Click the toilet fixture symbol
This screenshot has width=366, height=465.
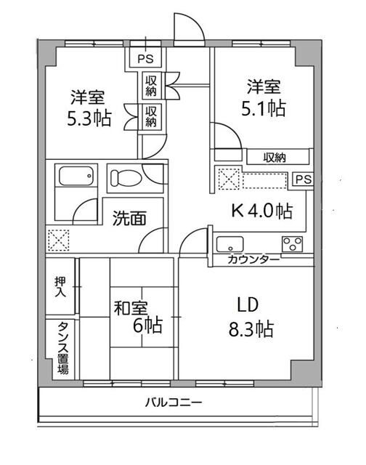coord(126,177)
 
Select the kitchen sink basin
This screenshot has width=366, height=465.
coord(229,244)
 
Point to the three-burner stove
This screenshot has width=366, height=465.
coord(292,244)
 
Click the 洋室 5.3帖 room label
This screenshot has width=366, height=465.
coord(89,108)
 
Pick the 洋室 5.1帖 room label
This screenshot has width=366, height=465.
coord(264,97)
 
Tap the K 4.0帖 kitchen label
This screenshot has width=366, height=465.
coord(262,211)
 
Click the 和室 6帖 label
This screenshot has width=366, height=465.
coord(138,317)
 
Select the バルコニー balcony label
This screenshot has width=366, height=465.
coord(174,403)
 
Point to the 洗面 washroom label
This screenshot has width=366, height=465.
coord(129,218)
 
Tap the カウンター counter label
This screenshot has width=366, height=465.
coord(253,260)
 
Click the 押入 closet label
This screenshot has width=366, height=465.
coord(60,287)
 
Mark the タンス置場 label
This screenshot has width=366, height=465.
coord(63,347)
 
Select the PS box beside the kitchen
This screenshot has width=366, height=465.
coord(304,179)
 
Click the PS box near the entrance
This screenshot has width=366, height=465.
coord(145,58)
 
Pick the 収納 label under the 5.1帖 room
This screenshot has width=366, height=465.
coord(274,158)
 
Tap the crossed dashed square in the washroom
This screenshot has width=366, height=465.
coord(58,240)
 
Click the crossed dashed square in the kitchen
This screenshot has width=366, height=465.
coord(229,179)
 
